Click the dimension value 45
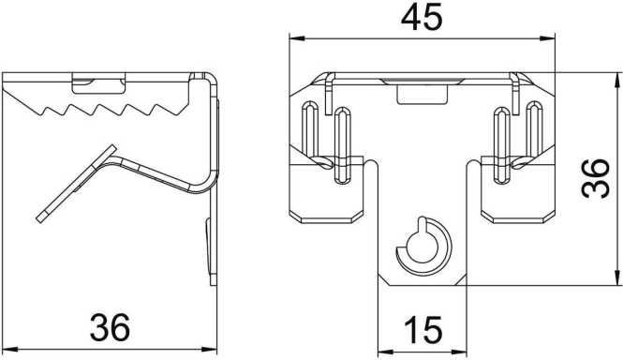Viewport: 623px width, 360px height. pyautogui.click(x=422, y=18)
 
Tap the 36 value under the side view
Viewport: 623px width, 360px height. pyautogui.click(x=109, y=328)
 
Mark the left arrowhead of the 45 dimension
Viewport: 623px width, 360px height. pyautogui.click(x=295, y=39)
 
